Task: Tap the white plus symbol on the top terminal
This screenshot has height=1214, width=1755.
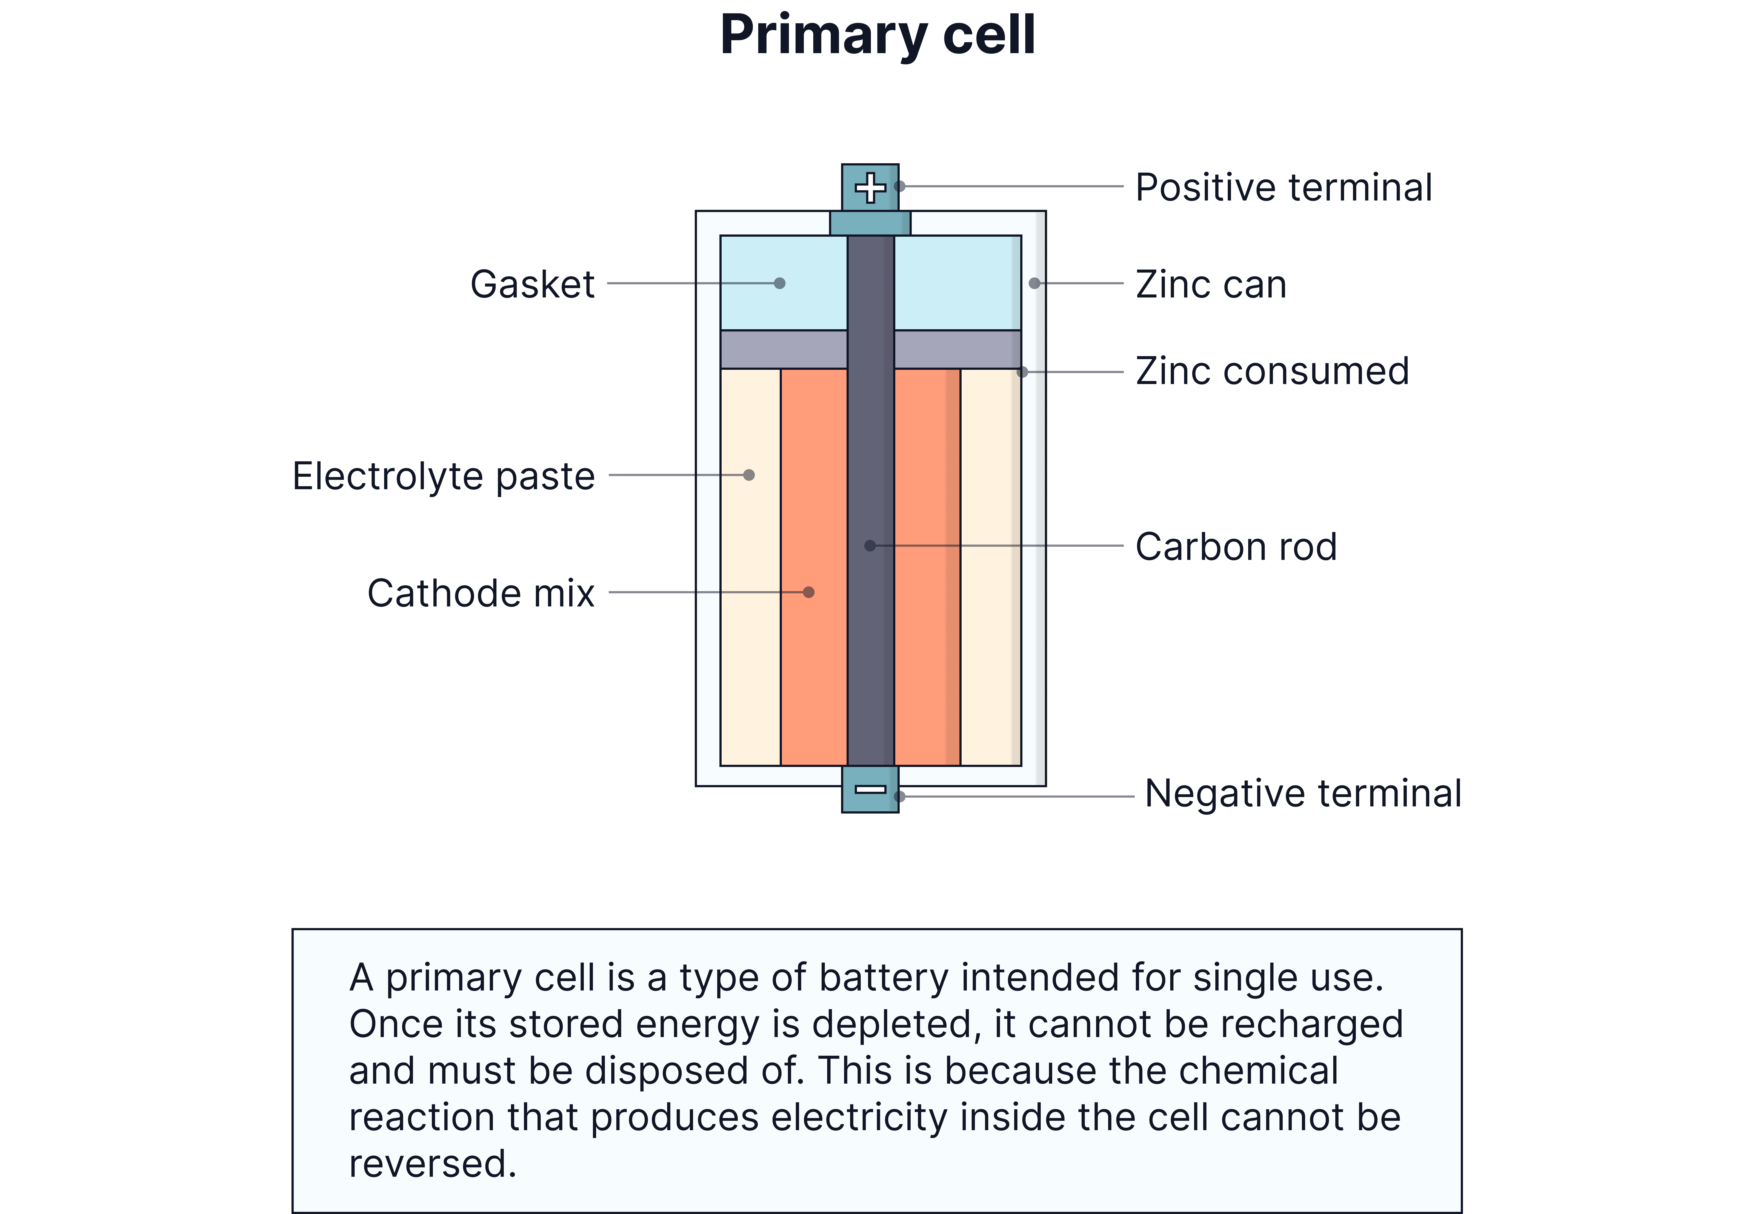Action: click(x=870, y=188)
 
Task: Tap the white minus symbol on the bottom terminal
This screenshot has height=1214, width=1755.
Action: click(x=870, y=789)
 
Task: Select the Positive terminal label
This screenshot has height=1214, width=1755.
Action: click(x=1283, y=188)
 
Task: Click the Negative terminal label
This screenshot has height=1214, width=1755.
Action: click(x=1302, y=793)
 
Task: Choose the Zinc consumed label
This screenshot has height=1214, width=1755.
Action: click(x=1272, y=372)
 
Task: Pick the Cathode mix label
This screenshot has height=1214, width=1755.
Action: click(x=481, y=593)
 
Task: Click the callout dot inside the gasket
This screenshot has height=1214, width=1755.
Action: click(x=780, y=283)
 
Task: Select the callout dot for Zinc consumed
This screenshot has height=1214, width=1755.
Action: click(x=1022, y=372)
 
